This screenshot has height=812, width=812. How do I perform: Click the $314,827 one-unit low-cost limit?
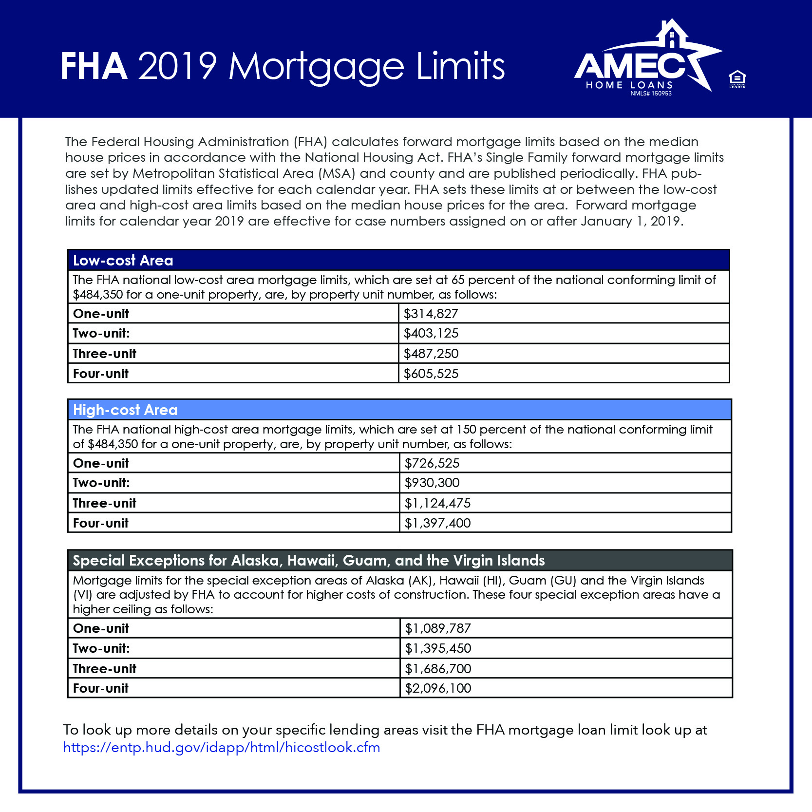[x=431, y=314]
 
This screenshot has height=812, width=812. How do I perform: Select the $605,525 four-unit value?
[x=431, y=374]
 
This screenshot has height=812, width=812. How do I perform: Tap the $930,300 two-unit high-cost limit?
[x=432, y=483]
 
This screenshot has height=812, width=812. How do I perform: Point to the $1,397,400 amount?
[x=437, y=523]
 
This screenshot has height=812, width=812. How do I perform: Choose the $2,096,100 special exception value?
[x=438, y=688]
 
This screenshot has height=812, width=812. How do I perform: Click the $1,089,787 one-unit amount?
[x=438, y=628]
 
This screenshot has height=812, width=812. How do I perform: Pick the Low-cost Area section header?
[x=123, y=261]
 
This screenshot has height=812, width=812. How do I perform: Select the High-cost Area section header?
[x=125, y=410]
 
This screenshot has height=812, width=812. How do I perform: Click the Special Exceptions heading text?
[x=308, y=561]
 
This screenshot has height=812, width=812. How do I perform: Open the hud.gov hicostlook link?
[x=222, y=747]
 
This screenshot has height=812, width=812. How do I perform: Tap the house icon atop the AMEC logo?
[x=672, y=34]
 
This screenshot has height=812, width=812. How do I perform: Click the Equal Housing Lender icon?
[x=737, y=79]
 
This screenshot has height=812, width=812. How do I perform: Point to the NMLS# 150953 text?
[x=651, y=94]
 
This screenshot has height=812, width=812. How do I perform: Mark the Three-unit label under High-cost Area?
[x=105, y=503]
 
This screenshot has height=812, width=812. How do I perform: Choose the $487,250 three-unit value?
[x=431, y=354]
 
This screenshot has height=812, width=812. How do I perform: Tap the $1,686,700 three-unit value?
[x=438, y=669]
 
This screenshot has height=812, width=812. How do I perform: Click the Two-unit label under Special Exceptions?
[x=101, y=648]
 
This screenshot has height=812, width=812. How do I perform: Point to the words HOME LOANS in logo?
[x=629, y=85]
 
